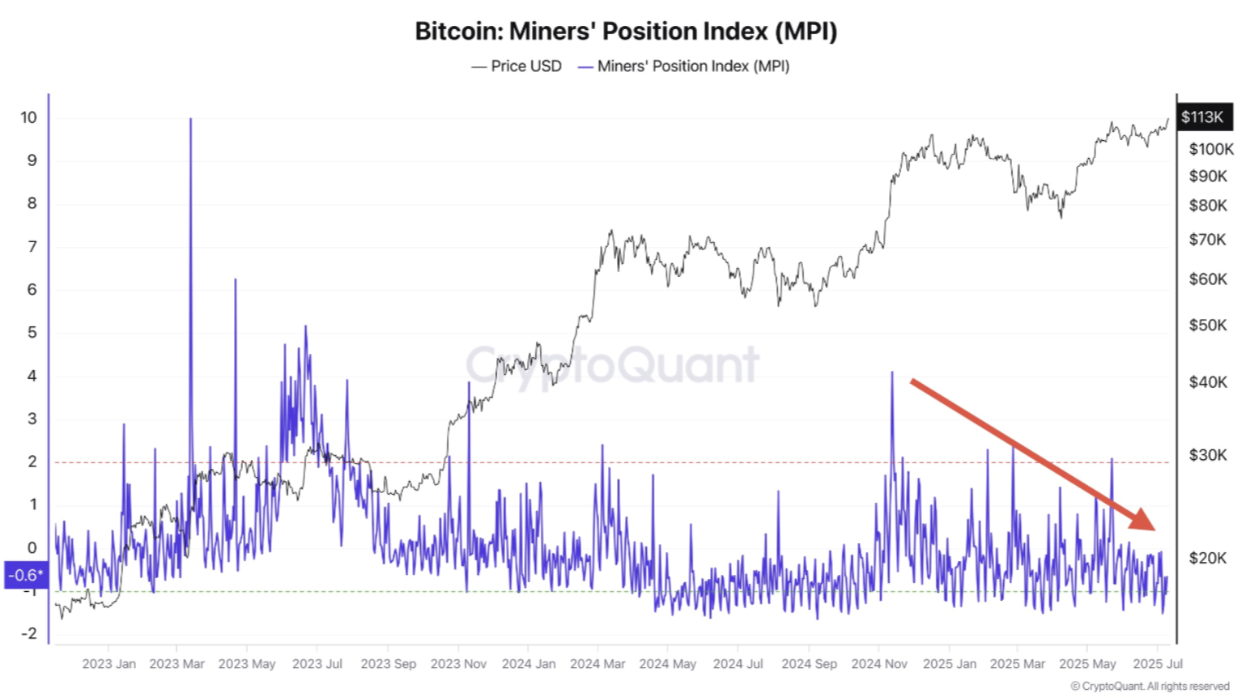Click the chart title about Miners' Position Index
[x=625, y=31]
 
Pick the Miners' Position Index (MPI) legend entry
[x=684, y=66]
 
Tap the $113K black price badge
[x=1203, y=117]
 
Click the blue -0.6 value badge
[x=25, y=575]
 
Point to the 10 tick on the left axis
[x=28, y=117]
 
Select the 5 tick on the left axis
[x=32, y=333]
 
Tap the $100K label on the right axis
[x=1210, y=149]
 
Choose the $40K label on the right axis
[x=1207, y=382]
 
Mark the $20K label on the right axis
[x=1207, y=558]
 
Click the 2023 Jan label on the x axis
[x=108, y=664]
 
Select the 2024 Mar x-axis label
[x=597, y=664]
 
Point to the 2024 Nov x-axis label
[x=879, y=664]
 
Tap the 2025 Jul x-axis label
[x=1158, y=664]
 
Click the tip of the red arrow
[x=1154, y=529]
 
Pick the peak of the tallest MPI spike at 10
[x=191, y=119]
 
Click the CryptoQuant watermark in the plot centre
[x=613, y=364]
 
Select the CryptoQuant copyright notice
[x=1150, y=687]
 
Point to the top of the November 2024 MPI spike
[x=892, y=372]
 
